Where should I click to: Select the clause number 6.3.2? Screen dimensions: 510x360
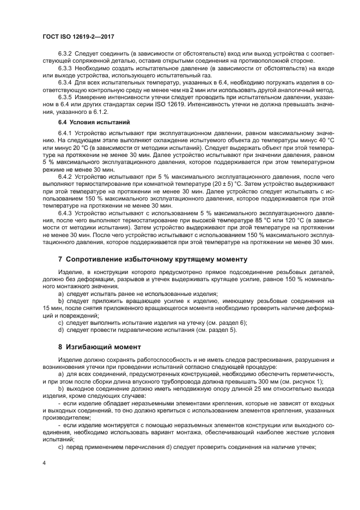point(65,55)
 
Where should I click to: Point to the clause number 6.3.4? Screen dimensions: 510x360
point(65,82)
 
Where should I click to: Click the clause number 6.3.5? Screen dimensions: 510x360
point(65,96)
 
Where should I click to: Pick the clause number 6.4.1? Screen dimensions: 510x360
point(65,133)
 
